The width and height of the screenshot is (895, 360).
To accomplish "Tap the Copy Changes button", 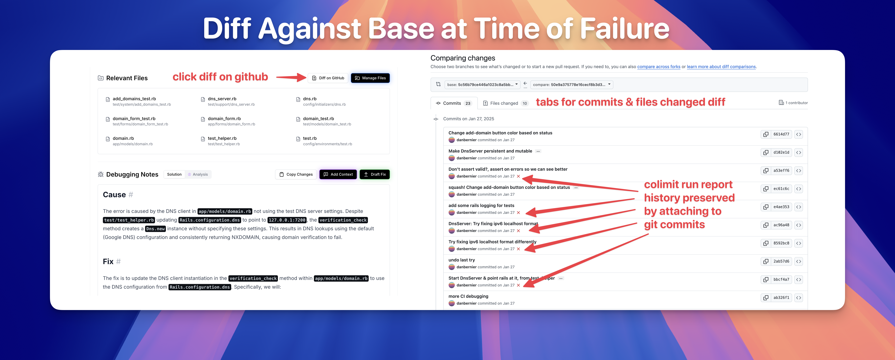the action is (x=296, y=174).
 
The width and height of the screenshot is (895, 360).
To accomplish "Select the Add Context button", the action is (x=338, y=174).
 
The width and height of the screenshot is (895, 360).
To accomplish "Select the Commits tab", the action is (x=454, y=103).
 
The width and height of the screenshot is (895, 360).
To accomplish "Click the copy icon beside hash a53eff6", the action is (x=766, y=171).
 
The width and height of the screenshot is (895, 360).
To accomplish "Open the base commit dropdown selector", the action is (x=482, y=84).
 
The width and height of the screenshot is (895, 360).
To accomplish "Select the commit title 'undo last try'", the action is (x=461, y=260).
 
